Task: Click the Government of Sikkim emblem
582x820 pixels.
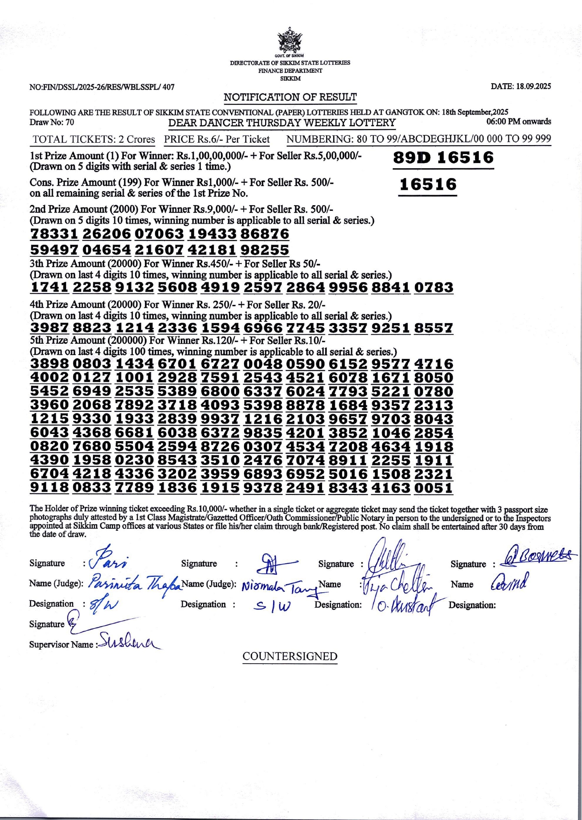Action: (290, 40)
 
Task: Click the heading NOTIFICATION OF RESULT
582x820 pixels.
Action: (290, 97)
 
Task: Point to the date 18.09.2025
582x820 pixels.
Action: (521, 86)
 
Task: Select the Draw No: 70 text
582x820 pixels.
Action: (52, 123)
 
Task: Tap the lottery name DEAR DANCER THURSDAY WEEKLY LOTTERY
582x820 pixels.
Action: (282, 123)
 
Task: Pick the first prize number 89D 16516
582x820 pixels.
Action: (443, 158)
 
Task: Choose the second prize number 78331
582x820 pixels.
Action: (54, 234)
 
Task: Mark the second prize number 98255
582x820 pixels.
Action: (265, 250)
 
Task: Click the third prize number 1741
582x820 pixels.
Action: (50, 287)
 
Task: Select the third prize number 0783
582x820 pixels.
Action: (434, 287)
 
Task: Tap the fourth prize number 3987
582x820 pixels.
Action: (50, 328)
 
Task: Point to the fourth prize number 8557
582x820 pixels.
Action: (434, 328)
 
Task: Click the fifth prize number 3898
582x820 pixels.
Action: (50, 364)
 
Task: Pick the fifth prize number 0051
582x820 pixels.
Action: (434, 488)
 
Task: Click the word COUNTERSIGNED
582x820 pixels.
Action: (290, 657)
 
